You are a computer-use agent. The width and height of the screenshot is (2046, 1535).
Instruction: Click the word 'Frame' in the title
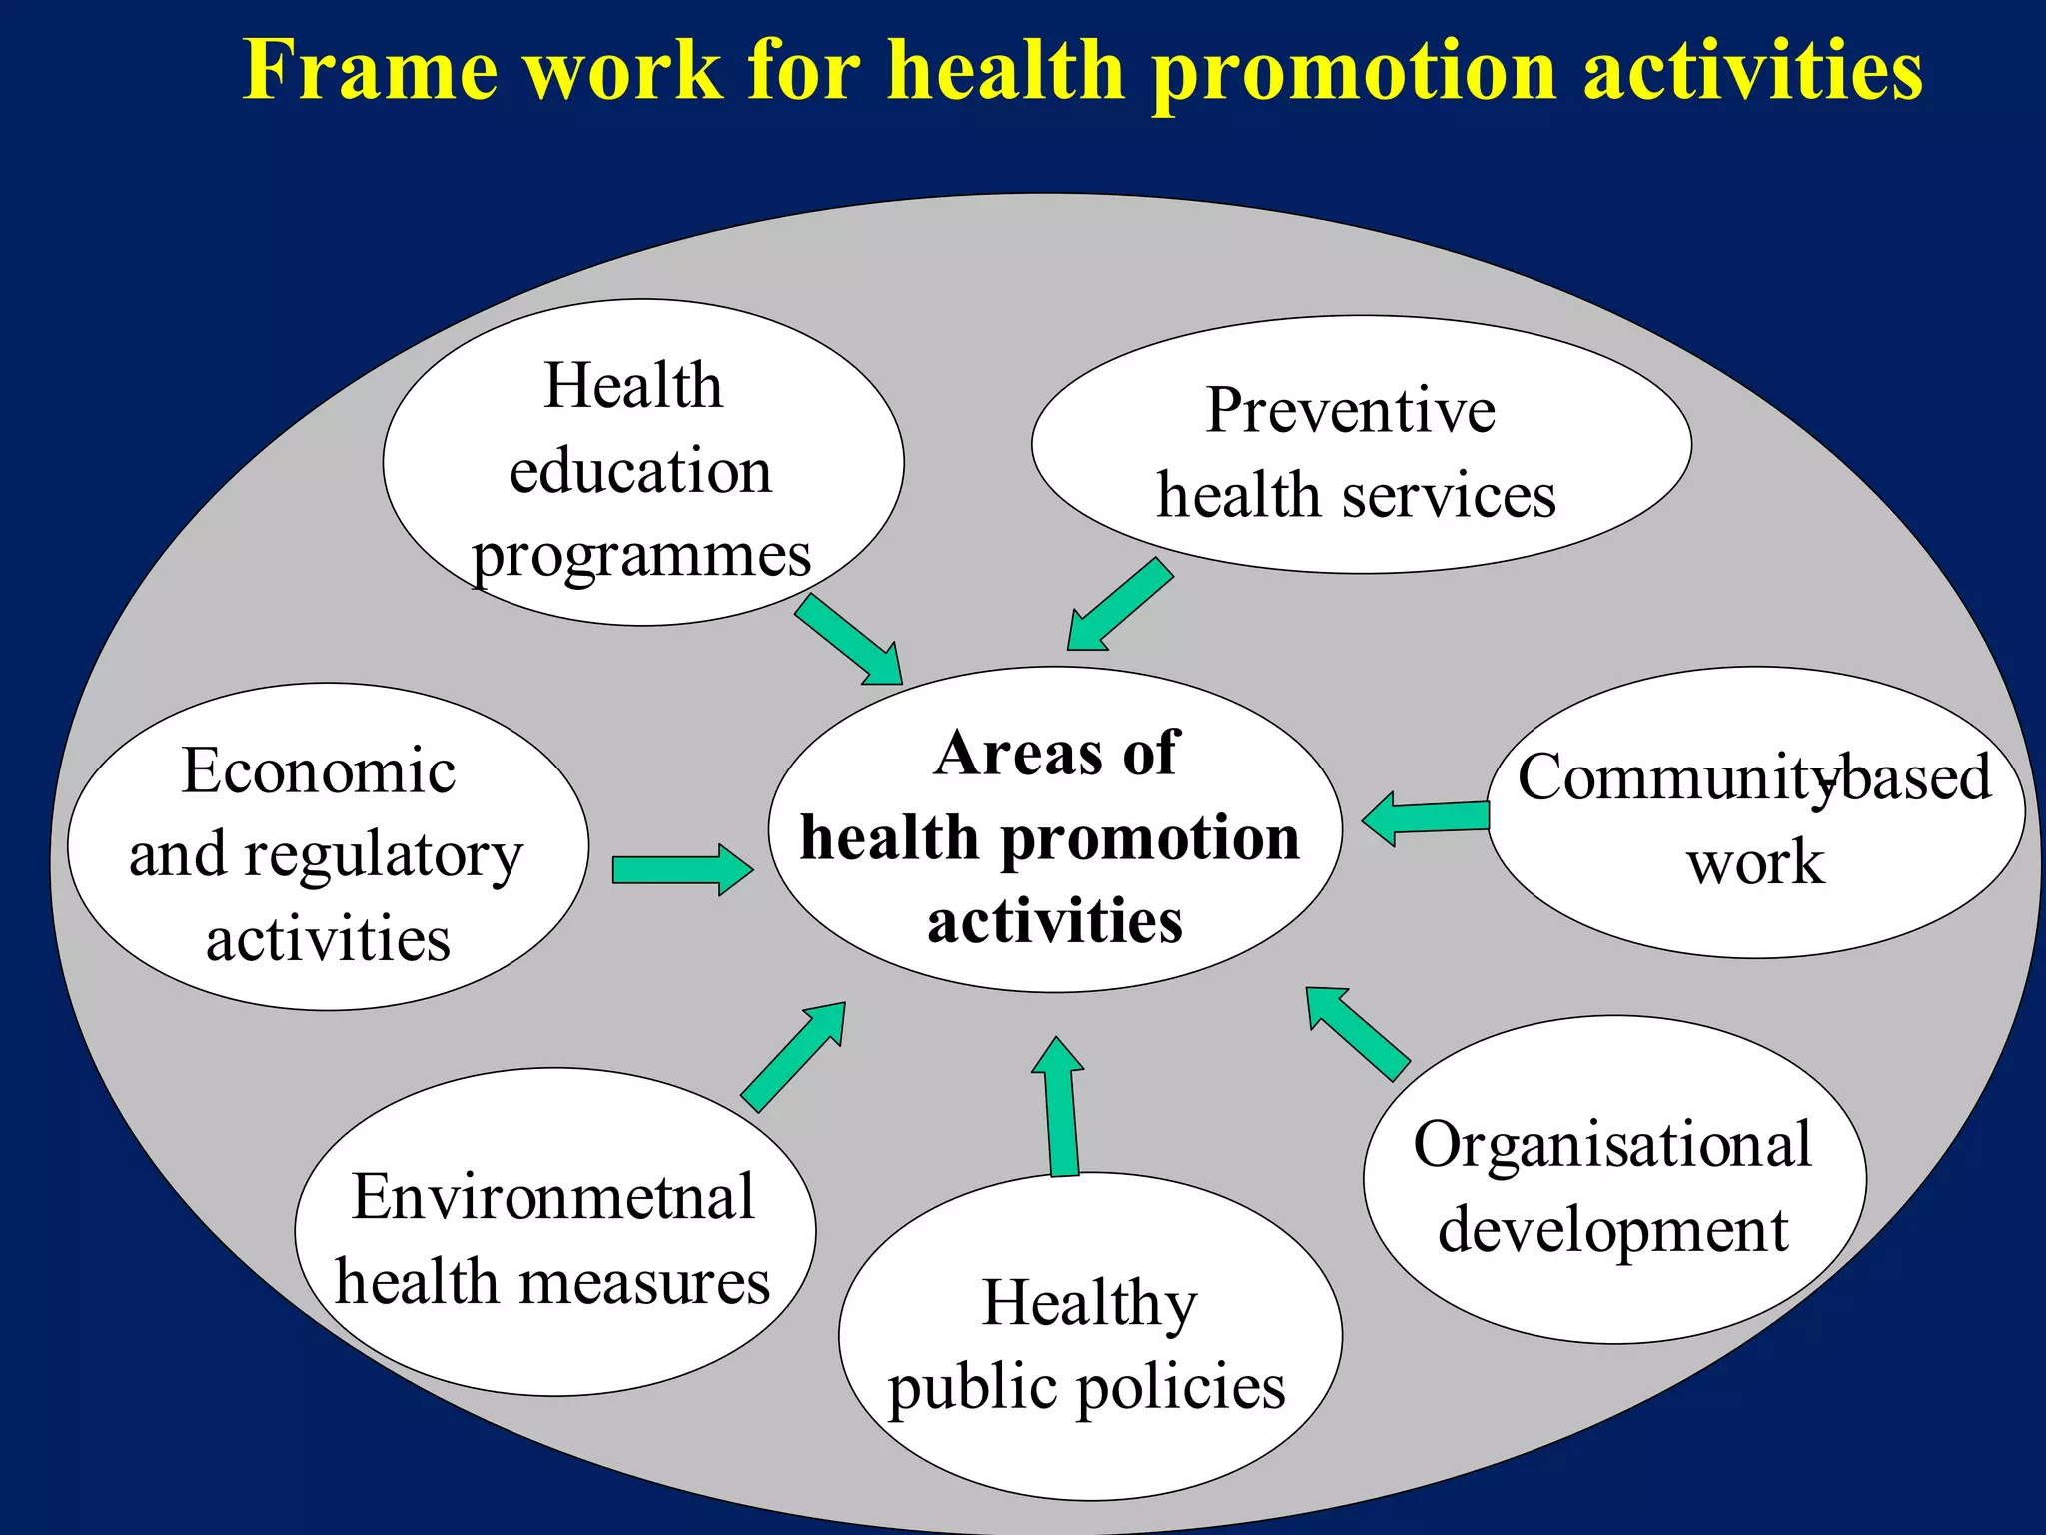[371, 70]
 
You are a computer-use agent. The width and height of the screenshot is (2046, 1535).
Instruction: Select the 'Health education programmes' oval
[642, 463]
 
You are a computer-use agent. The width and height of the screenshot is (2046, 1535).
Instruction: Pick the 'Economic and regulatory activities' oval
[328, 846]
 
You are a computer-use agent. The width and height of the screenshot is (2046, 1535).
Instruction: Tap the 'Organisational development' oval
[1614, 1180]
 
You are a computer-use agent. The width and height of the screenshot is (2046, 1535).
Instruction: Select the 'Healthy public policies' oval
[1090, 1337]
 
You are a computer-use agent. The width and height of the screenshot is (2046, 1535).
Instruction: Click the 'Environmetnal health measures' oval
[554, 1232]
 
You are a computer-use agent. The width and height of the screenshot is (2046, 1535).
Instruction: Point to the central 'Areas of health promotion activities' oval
[1055, 830]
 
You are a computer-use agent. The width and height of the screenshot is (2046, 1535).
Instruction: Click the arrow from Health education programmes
[850, 640]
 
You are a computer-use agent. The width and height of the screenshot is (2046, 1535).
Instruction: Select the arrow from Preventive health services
[1118, 605]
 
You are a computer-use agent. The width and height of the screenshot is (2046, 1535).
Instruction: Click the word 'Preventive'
[1351, 410]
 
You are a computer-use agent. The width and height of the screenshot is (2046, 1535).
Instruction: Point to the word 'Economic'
[319, 771]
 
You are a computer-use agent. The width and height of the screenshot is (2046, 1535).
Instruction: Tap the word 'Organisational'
[1611, 1145]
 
